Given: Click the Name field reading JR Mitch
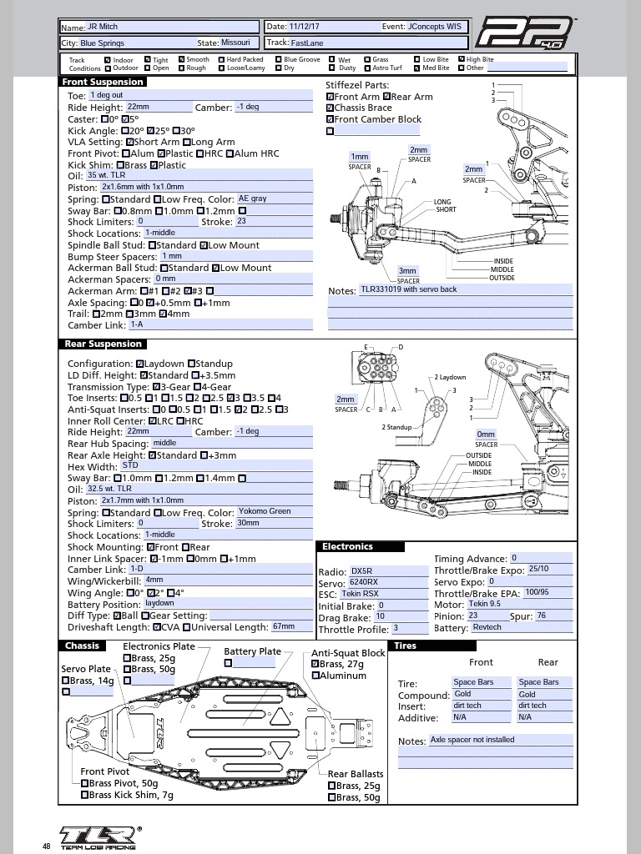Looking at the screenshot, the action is (172, 27).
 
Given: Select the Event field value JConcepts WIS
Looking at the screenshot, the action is (434, 26).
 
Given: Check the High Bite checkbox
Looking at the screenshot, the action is (461, 59).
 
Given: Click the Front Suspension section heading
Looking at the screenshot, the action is (103, 83).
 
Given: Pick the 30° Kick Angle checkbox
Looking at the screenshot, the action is (176, 131).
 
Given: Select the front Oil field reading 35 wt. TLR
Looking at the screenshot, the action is (199, 175).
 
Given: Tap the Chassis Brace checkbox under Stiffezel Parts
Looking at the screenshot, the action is (330, 108).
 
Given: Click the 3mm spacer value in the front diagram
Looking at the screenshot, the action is (407, 271).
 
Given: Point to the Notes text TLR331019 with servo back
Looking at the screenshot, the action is (409, 289).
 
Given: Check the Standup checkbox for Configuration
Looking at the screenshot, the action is (191, 364).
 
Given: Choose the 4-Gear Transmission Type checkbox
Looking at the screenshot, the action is (197, 387).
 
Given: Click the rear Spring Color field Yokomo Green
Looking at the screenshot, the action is (274, 511).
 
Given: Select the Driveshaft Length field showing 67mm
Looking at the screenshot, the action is (291, 626).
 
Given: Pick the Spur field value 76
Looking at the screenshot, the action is (553, 616).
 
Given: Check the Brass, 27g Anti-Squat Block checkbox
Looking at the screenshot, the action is (315, 664).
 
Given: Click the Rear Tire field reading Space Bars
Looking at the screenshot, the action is (544, 682).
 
